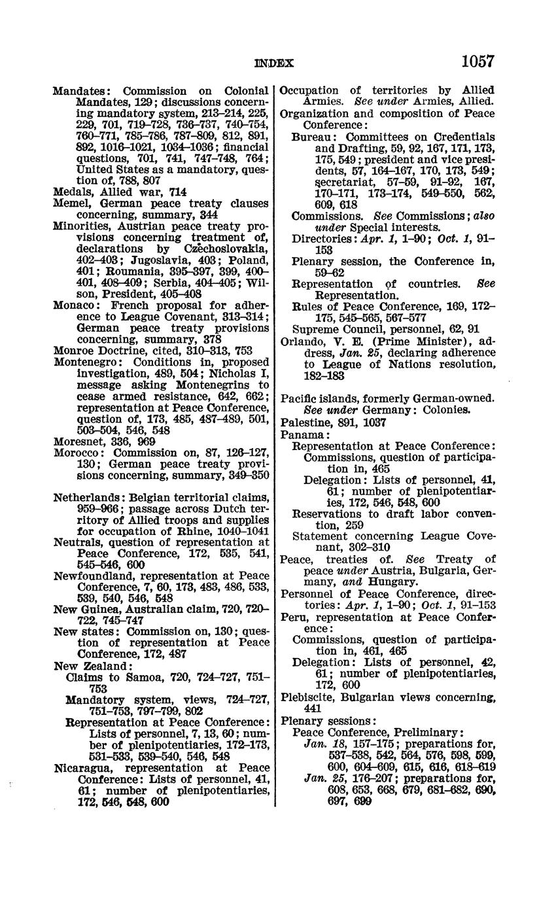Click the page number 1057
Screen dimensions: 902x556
click(478, 61)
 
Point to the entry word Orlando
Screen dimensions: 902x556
click(301, 341)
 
